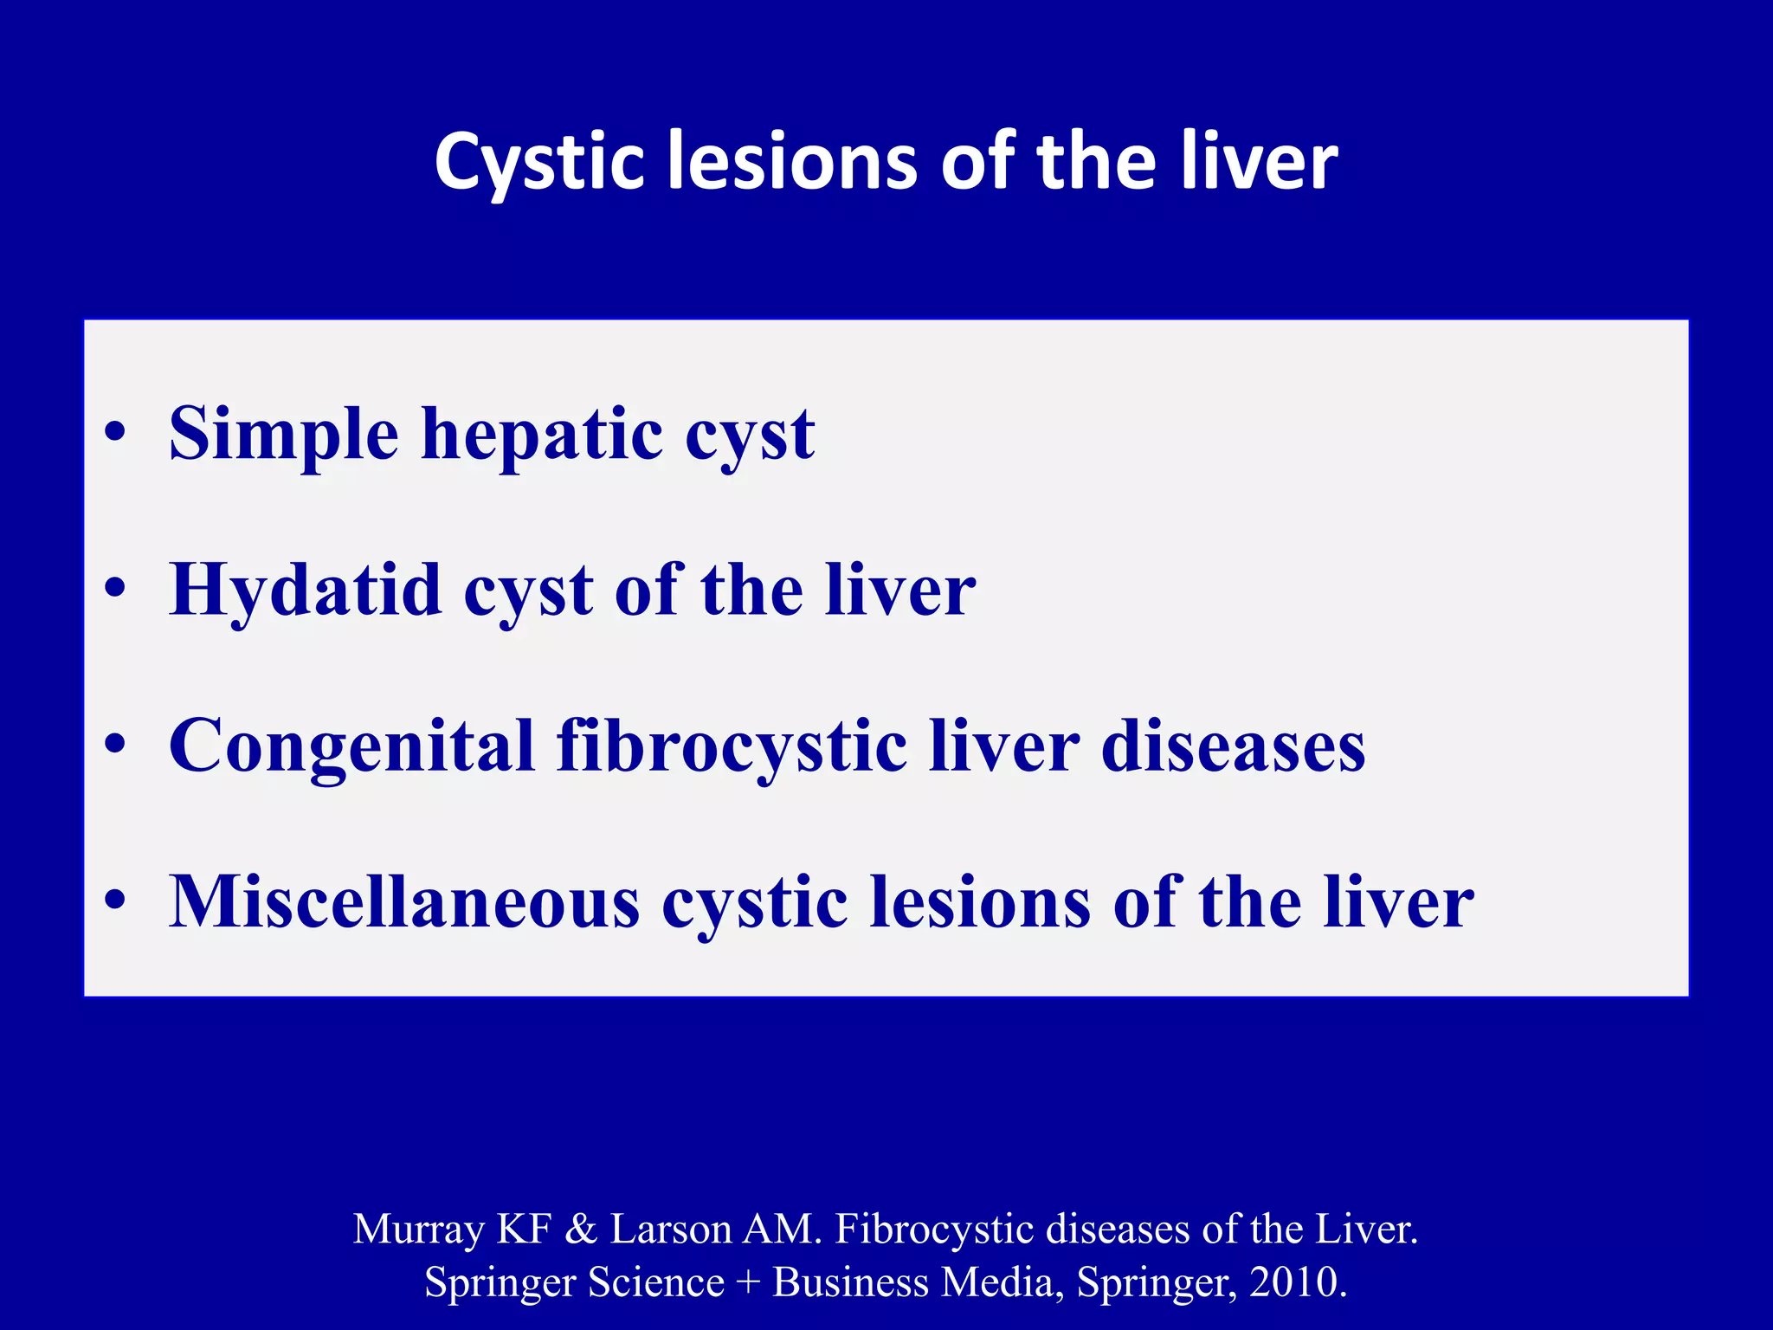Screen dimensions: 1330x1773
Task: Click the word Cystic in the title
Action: pos(538,163)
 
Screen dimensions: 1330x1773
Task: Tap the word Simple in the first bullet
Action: pos(283,435)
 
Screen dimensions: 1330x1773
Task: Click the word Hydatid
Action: pos(306,591)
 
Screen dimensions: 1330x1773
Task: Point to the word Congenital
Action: pos(351,746)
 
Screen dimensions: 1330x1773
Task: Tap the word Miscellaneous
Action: pos(404,902)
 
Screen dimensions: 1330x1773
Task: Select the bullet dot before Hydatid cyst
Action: pos(115,588)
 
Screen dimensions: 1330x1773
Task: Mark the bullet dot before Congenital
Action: pos(115,744)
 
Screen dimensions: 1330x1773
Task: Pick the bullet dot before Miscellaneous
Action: pos(115,900)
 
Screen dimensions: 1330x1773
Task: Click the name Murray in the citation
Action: pos(419,1230)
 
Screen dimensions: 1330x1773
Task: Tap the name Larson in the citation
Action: pos(671,1229)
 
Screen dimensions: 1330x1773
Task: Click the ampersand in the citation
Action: pos(581,1229)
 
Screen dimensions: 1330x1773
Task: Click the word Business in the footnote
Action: pos(850,1282)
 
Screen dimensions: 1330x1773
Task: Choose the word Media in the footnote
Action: pos(1001,1282)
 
